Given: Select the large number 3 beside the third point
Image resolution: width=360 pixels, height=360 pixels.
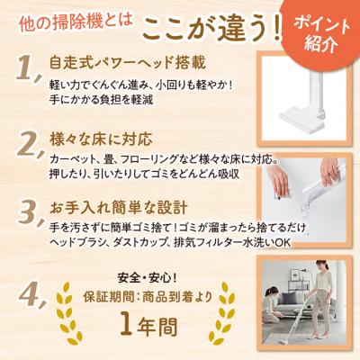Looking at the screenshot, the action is click(29, 212).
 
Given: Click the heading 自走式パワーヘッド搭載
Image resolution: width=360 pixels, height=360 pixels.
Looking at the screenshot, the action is click(128, 63).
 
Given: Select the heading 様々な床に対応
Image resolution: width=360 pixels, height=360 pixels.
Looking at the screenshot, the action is click(102, 139).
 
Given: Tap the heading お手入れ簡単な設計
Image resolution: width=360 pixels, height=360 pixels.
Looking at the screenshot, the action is click(119, 207).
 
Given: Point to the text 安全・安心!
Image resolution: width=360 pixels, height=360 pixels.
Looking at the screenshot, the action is click(148, 279).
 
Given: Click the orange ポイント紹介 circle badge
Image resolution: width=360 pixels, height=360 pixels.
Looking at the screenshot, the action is click(321, 34).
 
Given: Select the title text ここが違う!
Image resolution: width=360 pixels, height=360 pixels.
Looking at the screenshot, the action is click(212, 30).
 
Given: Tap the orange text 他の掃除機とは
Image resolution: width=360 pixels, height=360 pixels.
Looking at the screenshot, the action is click(76, 23).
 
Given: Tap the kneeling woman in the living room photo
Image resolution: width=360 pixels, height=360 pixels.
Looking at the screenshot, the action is click(273, 304).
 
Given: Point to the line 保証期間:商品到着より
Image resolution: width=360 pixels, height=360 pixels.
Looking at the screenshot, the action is click(148, 297).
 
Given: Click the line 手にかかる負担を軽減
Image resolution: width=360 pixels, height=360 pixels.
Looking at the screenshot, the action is click(102, 100).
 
